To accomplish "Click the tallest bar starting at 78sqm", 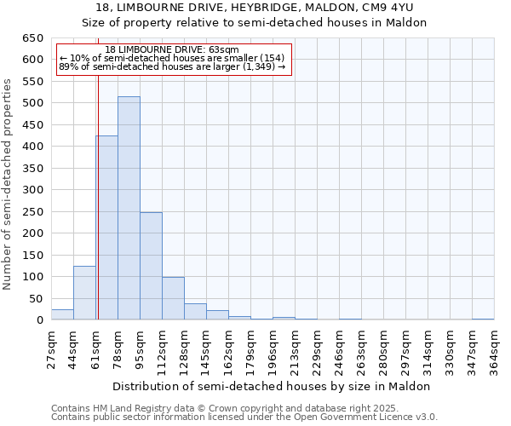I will click(x=129, y=209).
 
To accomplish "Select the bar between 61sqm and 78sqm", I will click(x=106, y=228).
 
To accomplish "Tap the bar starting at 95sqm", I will click(x=151, y=266).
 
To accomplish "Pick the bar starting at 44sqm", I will click(x=84, y=293).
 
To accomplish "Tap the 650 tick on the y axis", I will click(x=33, y=38).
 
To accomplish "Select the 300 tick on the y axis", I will click(x=33, y=190).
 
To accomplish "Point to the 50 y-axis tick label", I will click(x=37, y=298).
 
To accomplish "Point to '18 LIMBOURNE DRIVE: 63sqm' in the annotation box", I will click(x=173, y=49).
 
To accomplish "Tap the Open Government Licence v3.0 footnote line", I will click(x=244, y=417).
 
